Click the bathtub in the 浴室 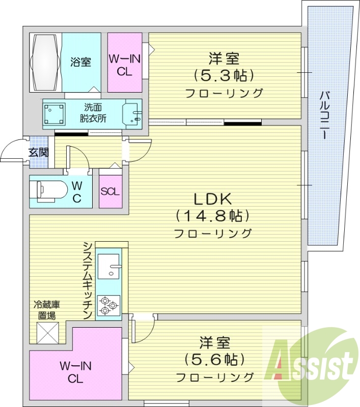pos(45,62)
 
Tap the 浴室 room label pos(81,62)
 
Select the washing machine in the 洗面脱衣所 pos(54,114)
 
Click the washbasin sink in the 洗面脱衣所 pos(133,113)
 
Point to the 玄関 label pos(38,152)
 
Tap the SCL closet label pos(110,192)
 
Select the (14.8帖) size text pos(212,216)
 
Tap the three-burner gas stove pos(108,305)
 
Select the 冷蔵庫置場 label pos(47,310)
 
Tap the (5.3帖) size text pos(224,76)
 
